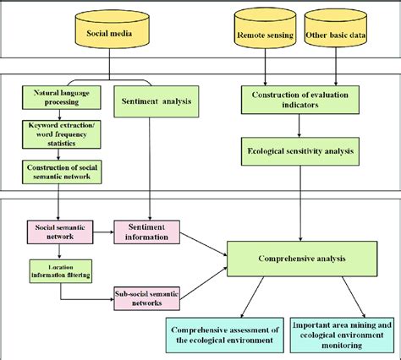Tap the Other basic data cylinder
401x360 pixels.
[x=336, y=35]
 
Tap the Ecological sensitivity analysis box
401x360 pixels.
[x=300, y=152]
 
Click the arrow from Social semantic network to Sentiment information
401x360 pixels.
[x=101, y=231]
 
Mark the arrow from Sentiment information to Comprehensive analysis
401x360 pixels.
[x=206, y=242]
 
